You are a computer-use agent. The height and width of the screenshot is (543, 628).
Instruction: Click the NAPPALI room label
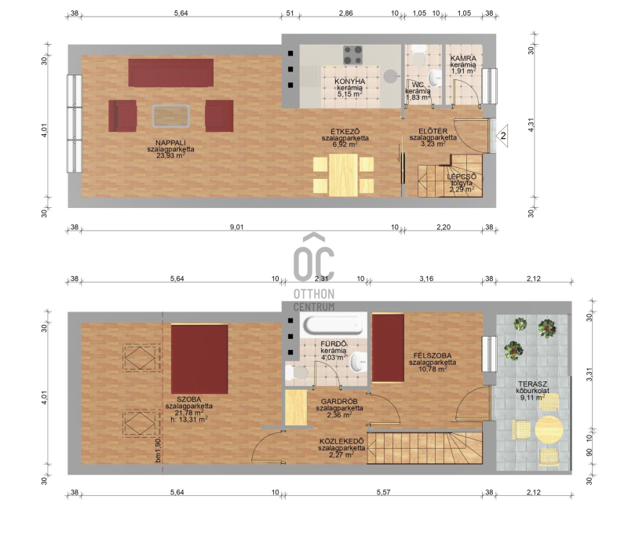point(170,143)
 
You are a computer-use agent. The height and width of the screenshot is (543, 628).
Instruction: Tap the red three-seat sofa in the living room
point(170,73)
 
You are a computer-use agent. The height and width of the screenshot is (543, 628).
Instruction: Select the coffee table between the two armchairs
point(171,115)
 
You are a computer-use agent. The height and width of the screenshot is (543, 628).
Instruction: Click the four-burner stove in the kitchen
point(352,55)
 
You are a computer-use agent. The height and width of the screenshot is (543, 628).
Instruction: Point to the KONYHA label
point(349,82)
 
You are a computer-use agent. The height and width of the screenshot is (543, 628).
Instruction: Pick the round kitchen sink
point(390,76)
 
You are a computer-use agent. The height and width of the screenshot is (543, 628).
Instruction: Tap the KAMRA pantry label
point(463,59)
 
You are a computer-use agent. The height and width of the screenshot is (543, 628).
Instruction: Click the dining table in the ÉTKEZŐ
point(343,175)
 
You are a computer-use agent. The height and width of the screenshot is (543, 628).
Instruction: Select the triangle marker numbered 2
point(502,136)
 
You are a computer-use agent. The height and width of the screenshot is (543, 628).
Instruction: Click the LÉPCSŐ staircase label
point(462,177)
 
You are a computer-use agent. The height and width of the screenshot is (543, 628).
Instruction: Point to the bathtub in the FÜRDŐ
point(334,324)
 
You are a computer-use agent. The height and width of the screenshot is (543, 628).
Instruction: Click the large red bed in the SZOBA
point(199,359)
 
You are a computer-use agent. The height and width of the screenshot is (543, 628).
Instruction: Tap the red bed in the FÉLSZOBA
point(388,348)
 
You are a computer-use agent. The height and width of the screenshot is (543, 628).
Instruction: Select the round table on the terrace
point(549,429)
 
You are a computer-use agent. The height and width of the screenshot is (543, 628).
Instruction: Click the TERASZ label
point(532,384)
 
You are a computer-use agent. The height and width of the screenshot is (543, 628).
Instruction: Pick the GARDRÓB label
point(339,402)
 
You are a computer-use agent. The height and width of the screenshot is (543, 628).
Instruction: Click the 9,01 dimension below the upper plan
point(236,227)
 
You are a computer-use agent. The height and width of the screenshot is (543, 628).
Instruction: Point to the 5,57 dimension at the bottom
point(383,492)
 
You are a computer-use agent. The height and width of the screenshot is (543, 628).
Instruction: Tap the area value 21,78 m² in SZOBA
point(188,413)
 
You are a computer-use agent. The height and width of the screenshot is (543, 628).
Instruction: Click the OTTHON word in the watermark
point(314,294)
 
